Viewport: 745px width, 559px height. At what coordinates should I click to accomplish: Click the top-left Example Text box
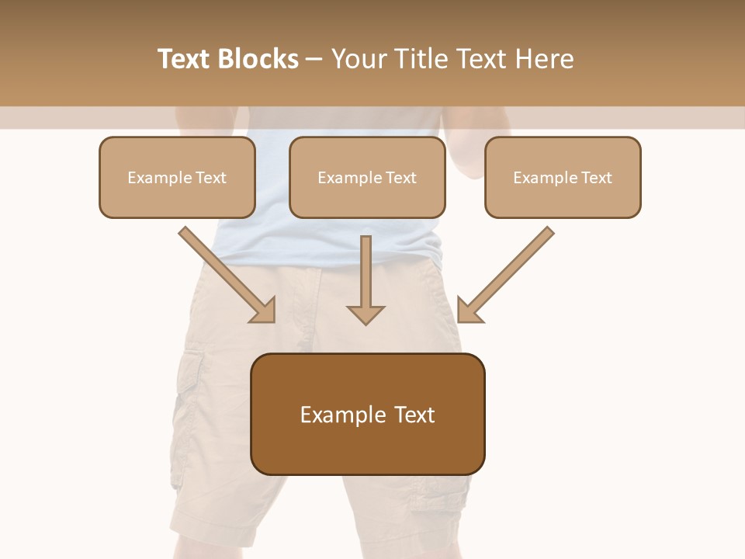177,177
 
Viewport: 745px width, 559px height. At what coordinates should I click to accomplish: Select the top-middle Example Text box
367,177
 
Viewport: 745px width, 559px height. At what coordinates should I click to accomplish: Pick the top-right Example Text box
563,177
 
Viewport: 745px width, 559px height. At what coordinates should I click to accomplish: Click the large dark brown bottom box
368,415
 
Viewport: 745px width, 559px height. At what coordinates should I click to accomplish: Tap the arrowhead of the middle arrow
366,314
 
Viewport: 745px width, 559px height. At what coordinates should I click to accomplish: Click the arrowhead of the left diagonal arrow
264,311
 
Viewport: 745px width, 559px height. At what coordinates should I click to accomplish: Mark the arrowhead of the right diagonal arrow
469,311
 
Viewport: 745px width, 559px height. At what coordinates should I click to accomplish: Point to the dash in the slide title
314,59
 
